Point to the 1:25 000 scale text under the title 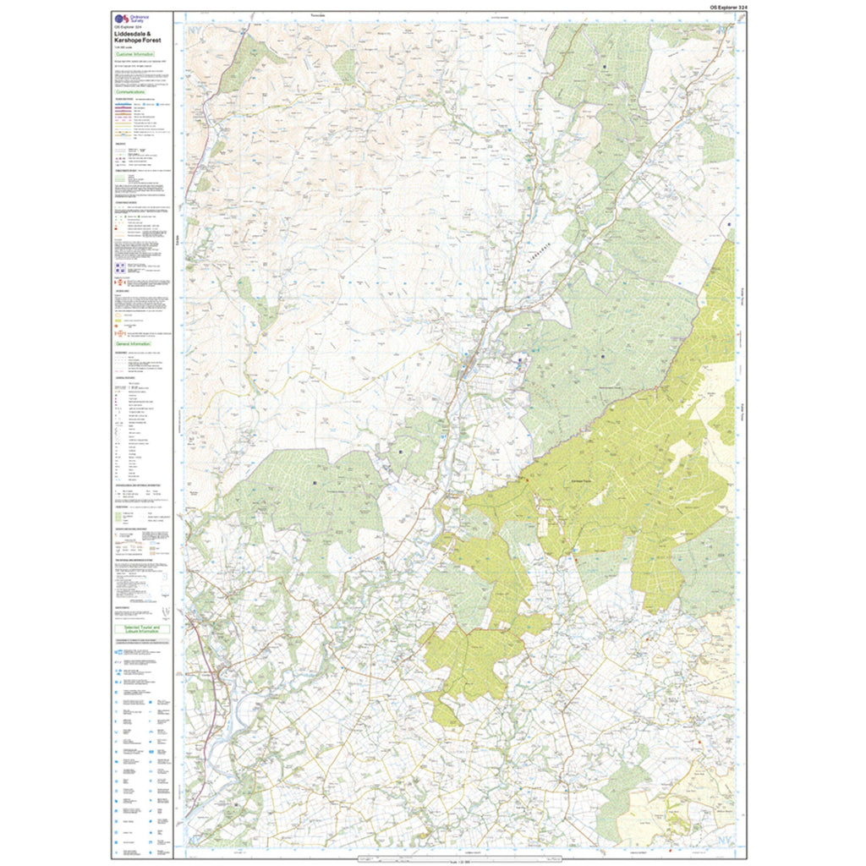pyautogui.click(x=123, y=47)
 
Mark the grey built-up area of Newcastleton pyautogui.click(x=467, y=366)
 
